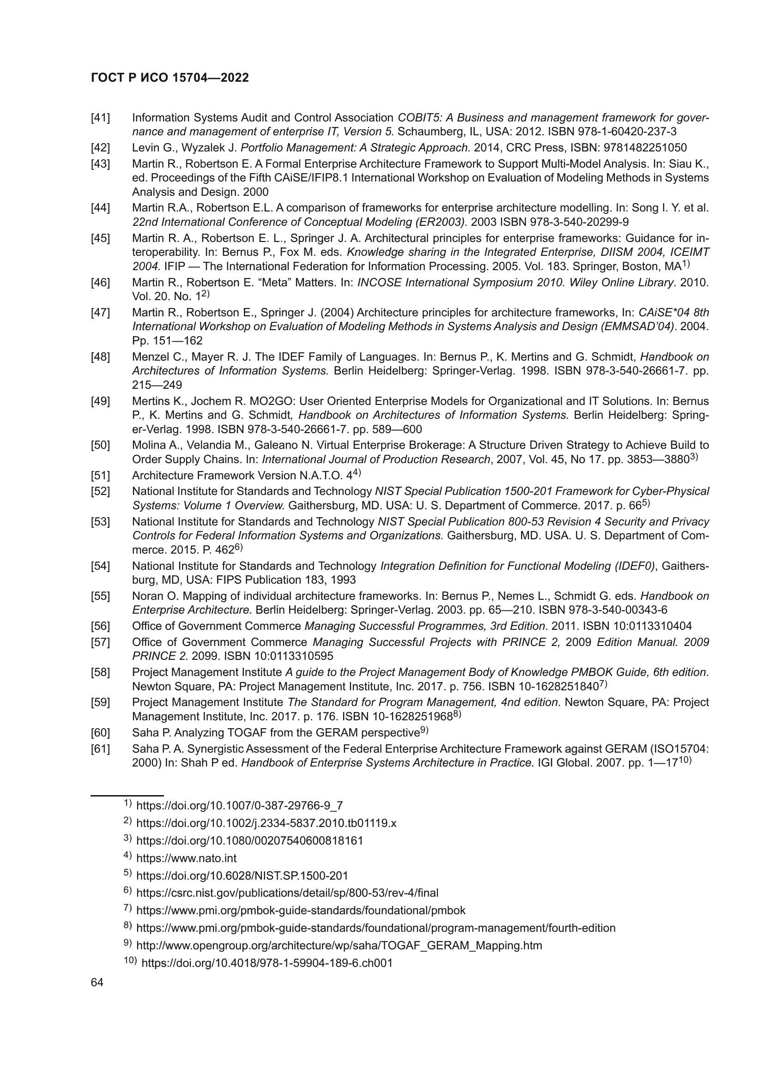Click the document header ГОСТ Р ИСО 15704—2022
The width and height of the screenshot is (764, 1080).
(170, 78)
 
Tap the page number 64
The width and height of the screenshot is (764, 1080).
(97, 983)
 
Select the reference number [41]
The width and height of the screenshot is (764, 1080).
(100, 118)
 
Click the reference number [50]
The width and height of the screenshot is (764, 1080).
(100, 445)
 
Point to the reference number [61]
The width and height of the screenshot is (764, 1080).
(100, 749)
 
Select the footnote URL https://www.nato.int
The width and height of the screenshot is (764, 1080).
(186, 858)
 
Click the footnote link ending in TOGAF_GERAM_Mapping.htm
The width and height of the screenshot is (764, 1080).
(339, 946)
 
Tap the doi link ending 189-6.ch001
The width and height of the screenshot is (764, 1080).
(267, 963)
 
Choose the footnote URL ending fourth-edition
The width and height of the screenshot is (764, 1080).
(376, 928)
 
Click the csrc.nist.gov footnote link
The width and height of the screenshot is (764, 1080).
(287, 893)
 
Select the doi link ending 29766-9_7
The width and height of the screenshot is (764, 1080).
(239, 806)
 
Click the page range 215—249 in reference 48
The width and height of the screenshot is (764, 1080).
(157, 385)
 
